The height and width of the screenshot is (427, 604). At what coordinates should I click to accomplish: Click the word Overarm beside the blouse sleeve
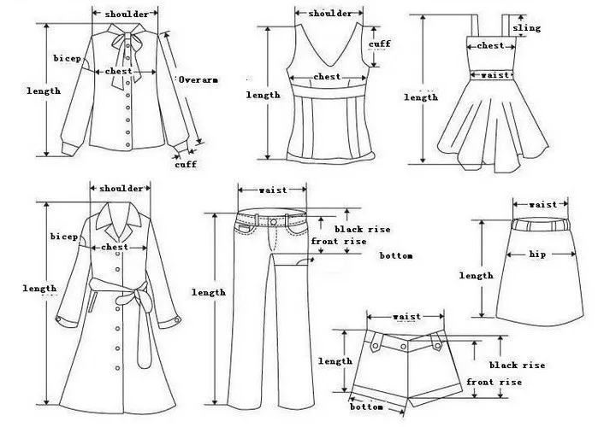tap(198, 79)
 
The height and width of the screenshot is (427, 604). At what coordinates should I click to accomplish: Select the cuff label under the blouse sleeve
tap(186, 165)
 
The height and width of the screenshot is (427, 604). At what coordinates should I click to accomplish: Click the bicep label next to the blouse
tap(66, 58)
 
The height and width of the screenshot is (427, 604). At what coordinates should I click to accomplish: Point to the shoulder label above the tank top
tap(329, 14)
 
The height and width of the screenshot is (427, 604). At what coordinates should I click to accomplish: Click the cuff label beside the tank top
tap(380, 44)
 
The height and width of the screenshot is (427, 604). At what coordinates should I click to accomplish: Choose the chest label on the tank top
tap(327, 77)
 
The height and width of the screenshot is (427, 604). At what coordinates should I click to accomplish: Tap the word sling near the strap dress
tap(527, 28)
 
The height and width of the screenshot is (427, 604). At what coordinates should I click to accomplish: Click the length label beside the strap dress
tap(421, 97)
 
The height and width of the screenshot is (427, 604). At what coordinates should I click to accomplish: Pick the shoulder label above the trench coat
tap(121, 188)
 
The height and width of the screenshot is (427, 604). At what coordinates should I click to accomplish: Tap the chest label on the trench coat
tap(115, 247)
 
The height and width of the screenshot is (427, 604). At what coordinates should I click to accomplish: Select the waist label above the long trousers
tap(272, 190)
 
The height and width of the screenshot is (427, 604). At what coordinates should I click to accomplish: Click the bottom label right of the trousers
tap(396, 255)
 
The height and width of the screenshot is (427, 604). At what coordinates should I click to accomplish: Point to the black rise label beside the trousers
tap(362, 229)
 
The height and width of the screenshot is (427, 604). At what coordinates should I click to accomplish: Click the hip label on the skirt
tap(537, 254)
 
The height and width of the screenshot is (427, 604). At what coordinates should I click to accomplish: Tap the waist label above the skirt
tap(542, 204)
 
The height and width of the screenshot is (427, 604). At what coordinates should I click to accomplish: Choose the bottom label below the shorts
tap(366, 407)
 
